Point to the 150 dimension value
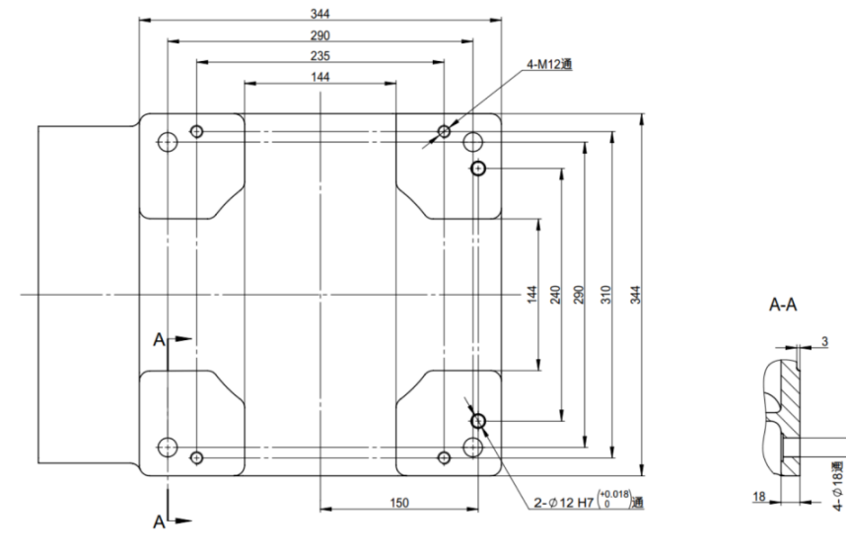click(398, 503)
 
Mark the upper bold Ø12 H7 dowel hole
click(478, 170)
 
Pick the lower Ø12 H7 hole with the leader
click(478, 422)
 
